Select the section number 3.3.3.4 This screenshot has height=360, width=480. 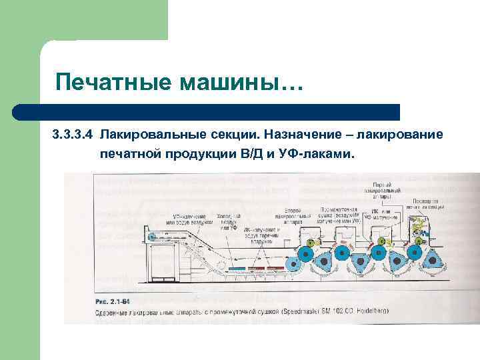73,135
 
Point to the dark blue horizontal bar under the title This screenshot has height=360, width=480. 207,111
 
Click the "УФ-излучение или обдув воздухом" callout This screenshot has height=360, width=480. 193,220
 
